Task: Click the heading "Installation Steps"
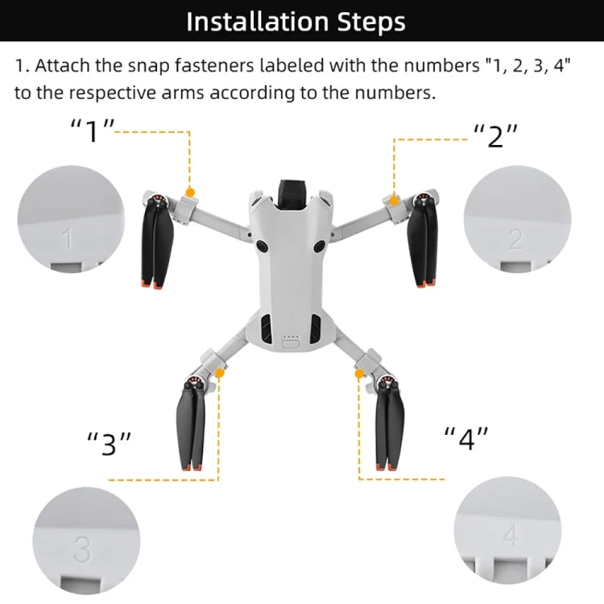[296, 22]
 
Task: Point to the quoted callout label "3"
[109, 443]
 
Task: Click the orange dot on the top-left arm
[190, 192]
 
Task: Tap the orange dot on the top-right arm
[394, 199]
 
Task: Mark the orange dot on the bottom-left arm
[219, 373]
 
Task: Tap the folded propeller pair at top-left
[156, 246]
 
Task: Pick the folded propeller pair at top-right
[424, 246]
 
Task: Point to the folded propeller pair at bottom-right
[388, 431]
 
